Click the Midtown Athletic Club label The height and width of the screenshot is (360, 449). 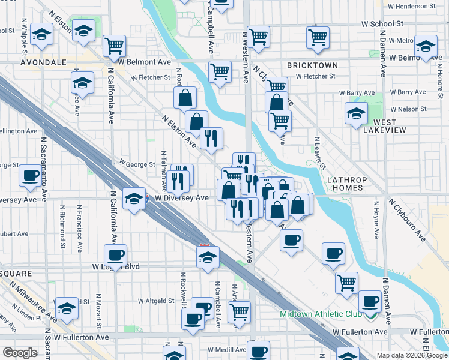point(320,314)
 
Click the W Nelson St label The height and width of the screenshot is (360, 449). point(409,109)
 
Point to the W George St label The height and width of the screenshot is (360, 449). point(137,163)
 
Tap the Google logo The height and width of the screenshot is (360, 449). point(20,353)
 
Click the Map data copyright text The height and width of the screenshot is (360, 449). point(412,355)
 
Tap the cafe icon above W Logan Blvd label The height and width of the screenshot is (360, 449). point(115,254)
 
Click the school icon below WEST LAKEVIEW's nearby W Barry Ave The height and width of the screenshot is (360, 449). point(356,113)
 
